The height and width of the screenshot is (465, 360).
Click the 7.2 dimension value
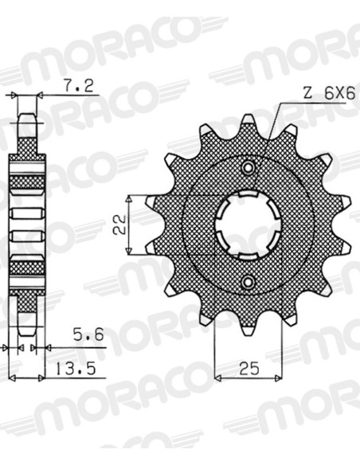(79, 86)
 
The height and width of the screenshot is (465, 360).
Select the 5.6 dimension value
(88, 334)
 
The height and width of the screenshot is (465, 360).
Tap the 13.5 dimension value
(76, 369)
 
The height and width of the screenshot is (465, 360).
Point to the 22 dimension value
(119, 225)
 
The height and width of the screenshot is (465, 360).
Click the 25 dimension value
(249, 369)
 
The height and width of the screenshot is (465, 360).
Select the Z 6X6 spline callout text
(329, 94)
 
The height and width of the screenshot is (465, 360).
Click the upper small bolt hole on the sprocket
(248, 167)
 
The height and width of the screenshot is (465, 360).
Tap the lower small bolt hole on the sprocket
(248, 282)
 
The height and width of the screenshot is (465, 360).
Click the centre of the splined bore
(248, 225)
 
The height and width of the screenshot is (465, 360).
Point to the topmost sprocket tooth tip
(248, 118)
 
